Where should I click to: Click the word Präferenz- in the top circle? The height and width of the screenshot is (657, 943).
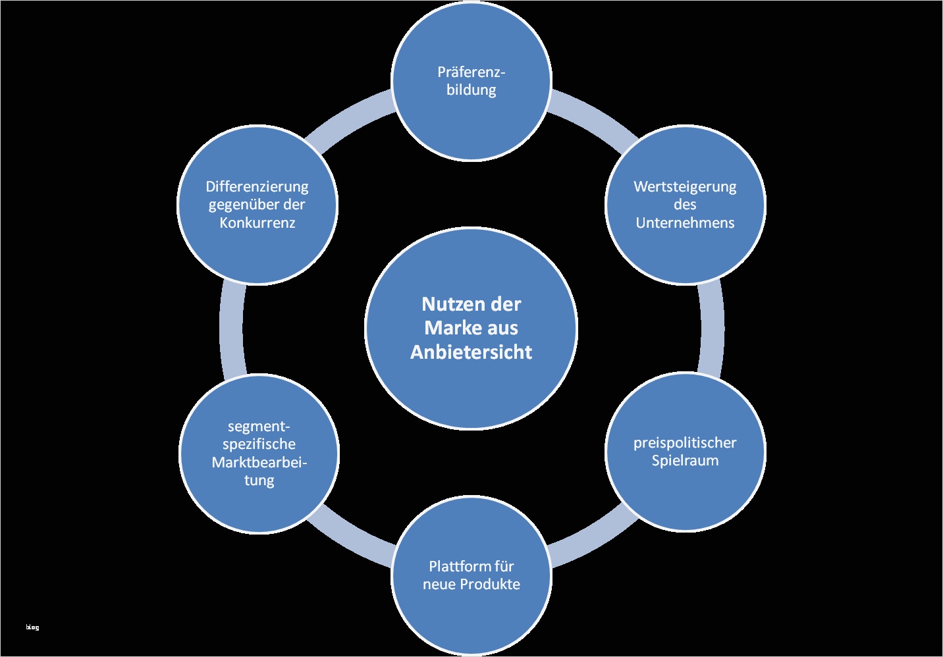click(x=471, y=72)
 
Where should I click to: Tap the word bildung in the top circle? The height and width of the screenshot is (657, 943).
click(x=471, y=90)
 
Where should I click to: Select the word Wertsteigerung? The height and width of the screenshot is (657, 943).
click(x=685, y=186)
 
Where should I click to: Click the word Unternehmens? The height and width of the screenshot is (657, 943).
click(x=685, y=223)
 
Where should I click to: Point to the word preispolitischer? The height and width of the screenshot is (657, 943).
click(x=685, y=442)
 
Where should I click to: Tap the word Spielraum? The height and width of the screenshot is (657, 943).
click(x=685, y=460)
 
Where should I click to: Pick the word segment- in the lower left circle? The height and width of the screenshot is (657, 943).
click(x=259, y=426)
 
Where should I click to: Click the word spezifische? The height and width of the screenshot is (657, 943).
click(x=259, y=444)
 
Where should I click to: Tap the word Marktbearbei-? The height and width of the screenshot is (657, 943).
click(x=259, y=462)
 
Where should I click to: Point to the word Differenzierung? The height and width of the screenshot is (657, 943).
click(x=257, y=186)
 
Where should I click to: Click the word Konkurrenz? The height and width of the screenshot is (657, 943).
click(x=257, y=223)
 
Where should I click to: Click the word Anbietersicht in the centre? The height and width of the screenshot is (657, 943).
click(x=471, y=352)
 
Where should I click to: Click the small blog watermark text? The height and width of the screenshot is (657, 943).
click(x=32, y=627)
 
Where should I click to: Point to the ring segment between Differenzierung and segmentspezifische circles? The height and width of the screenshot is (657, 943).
click(x=231, y=329)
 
